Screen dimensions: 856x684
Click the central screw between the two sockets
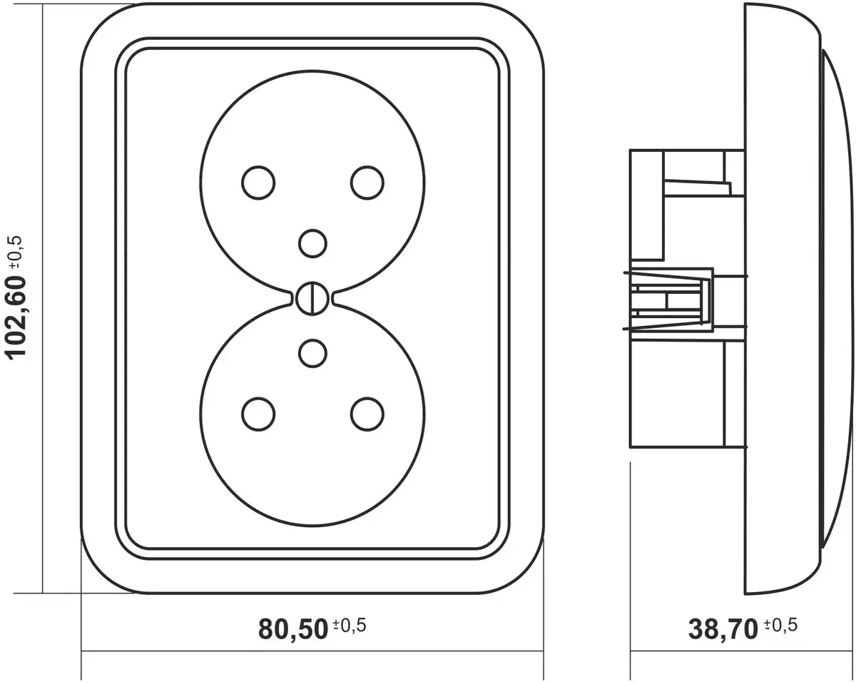[x=312, y=299]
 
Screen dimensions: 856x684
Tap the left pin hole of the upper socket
[x=258, y=183]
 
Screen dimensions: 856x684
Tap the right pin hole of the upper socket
[x=367, y=183]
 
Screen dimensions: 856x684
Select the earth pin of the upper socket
[x=312, y=243]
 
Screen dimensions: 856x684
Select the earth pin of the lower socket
[x=312, y=354]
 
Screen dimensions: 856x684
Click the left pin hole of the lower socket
[x=258, y=414]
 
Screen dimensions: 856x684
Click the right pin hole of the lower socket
[x=367, y=414]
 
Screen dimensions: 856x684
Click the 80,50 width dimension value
[x=293, y=630]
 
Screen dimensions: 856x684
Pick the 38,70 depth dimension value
[x=723, y=630]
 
